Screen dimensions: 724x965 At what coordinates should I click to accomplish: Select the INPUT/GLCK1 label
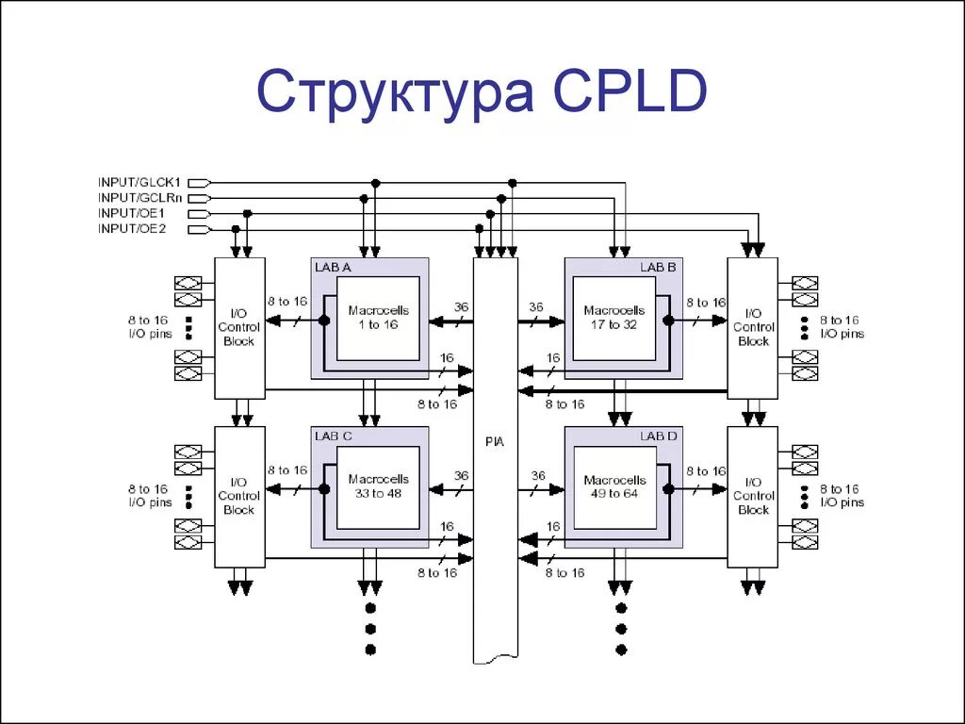(x=139, y=182)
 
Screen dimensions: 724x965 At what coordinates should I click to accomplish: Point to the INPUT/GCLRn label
(x=139, y=198)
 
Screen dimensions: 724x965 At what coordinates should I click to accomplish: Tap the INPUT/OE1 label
(x=132, y=213)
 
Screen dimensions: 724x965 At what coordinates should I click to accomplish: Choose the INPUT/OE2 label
(x=132, y=228)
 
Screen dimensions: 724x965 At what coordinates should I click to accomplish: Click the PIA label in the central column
(x=495, y=442)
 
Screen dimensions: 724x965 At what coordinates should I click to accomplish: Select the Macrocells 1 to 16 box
(x=379, y=318)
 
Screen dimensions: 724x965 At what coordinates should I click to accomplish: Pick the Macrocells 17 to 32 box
(x=614, y=318)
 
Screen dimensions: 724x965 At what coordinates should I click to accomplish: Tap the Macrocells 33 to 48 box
(x=379, y=486)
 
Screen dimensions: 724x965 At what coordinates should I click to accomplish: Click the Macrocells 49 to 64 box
(x=614, y=486)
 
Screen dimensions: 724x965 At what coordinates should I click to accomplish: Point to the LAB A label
(x=333, y=268)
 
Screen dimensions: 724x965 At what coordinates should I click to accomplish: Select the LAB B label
(x=658, y=268)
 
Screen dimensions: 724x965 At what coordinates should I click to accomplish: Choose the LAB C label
(x=334, y=436)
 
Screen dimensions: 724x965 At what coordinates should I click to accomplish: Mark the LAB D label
(x=658, y=436)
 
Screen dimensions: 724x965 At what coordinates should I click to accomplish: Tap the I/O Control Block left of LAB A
(x=239, y=327)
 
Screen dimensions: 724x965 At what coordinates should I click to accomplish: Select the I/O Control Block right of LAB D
(x=753, y=496)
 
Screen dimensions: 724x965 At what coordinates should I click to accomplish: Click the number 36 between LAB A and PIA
(x=461, y=307)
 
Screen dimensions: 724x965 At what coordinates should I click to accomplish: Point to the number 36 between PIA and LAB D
(x=537, y=476)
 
